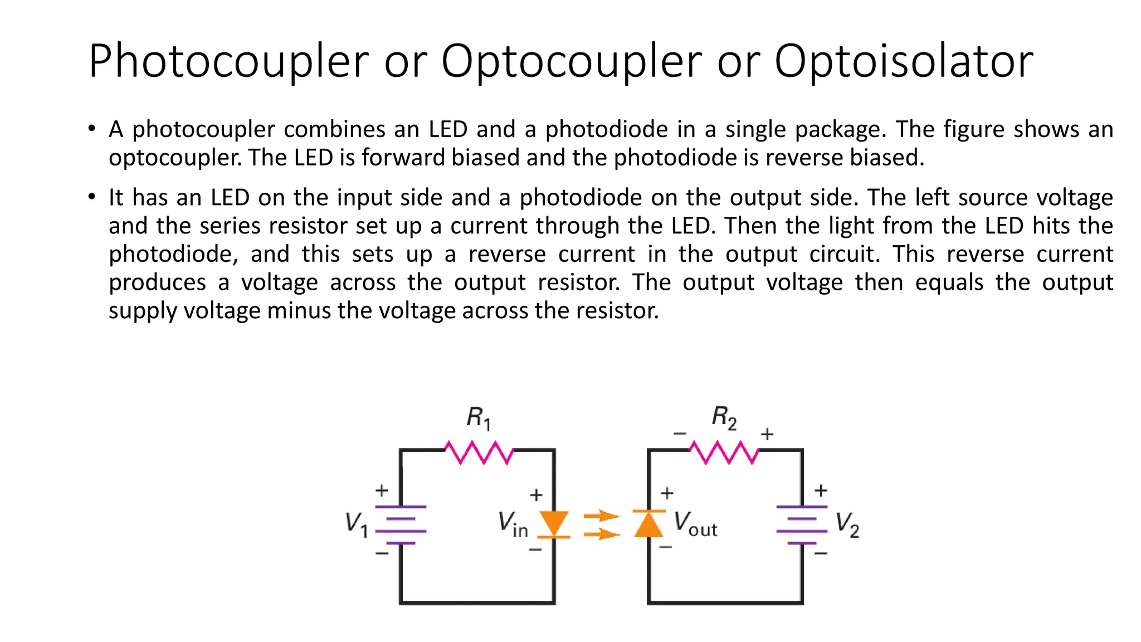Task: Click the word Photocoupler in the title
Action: [x=228, y=61]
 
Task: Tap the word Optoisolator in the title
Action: [x=904, y=61]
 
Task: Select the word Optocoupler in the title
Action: [x=572, y=61]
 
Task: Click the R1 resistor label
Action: [x=479, y=418]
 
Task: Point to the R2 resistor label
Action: [x=724, y=418]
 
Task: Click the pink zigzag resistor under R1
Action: [x=479, y=452]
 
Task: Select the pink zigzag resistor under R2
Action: [x=724, y=452]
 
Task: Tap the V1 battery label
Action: [x=357, y=524]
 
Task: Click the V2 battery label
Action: [x=847, y=524]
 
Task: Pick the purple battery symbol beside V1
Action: [x=401, y=524]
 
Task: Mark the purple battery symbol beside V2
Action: [x=802, y=524]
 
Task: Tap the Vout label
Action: [x=695, y=524]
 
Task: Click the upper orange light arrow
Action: [x=601, y=515]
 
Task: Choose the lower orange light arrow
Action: [x=601, y=534]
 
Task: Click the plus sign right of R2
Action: [x=767, y=434]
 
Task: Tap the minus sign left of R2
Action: [x=680, y=433]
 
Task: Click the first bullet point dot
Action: [x=92, y=129]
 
